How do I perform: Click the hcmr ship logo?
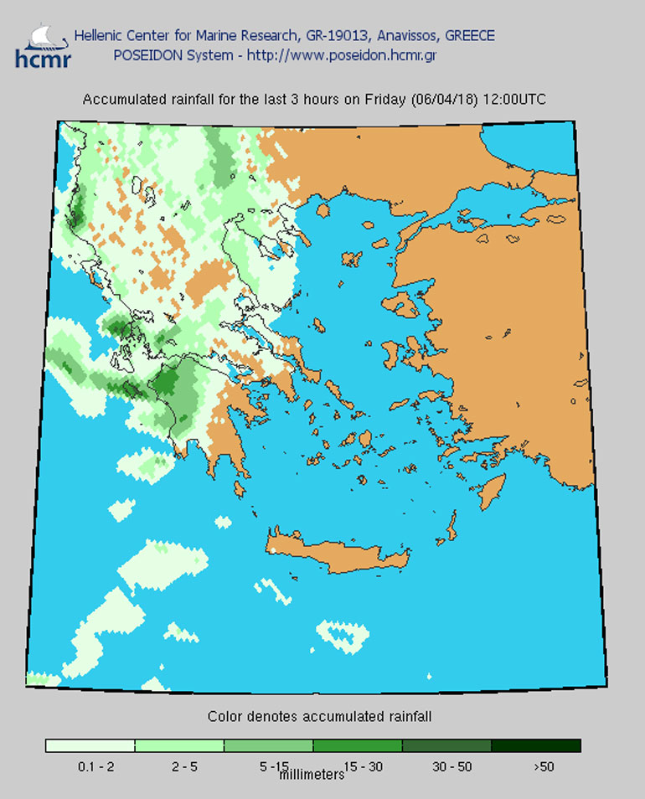(x=43, y=46)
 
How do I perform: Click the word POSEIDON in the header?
(x=143, y=55)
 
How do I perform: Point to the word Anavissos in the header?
(x=405, y=36)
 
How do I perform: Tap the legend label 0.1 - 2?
(x=90, y=766)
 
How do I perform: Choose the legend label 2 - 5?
(x=178, y=766)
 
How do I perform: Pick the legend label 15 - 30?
(x=357, y=766)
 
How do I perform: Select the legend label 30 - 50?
(x=446, y=766)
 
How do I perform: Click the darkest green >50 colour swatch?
(x=535, y=745)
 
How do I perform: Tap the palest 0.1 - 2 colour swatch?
(x=90, y=745)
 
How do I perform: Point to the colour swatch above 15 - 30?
(x=357, y=745)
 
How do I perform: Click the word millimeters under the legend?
(x=311, y=775)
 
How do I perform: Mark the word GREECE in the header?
(x=469, y=36)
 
